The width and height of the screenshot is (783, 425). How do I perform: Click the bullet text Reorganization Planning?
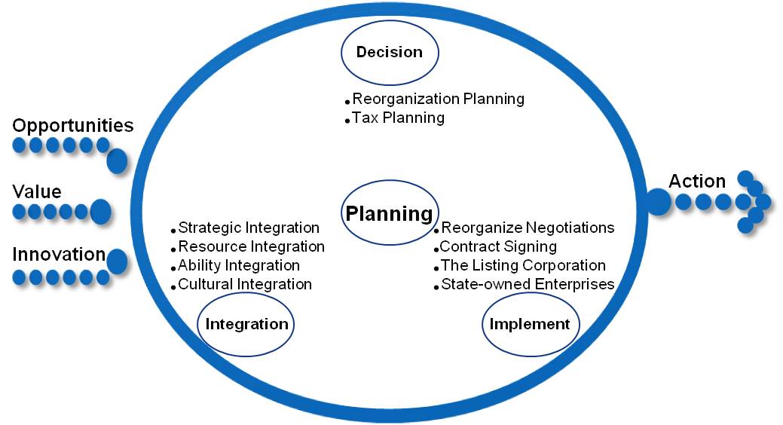pyautogui.click(x=438, y=99)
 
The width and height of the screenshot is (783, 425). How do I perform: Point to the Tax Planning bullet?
pyautogui.click(x=398, y=118)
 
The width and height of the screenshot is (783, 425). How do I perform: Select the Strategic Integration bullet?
pyautogui.click(x=249, y=228)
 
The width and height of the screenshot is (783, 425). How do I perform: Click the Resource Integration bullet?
pyautogui.click(x=251, y=246)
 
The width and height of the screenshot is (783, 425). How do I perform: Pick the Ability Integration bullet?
pyautogui.click(x=239, y=266)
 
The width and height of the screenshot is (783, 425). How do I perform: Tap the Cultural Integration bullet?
pyautogui.click(x=245, y=284)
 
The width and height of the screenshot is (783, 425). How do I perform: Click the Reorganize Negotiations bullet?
pyautogui.click(x=528, y=228)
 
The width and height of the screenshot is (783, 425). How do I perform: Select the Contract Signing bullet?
pyautogui.click(x=498, y=246)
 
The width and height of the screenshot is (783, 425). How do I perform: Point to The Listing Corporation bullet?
pyautogui.click(x=523, y=265)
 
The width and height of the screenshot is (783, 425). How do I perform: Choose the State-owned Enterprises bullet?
pyautogui.click(x=528, y=284)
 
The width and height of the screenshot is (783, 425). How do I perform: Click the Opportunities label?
pyautogui.click(x=73, y=126)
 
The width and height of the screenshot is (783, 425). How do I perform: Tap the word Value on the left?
pyautogui.click(x=37, y=191)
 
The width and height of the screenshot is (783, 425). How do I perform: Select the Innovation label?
pyautogui.click(x=59, y=254)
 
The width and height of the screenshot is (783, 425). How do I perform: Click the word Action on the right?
pyautogui.click(x=697, y=181)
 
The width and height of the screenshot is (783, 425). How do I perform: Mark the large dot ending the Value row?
pyautogui.click(x=100, y=212)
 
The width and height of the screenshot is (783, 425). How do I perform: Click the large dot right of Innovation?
pyautogui.click(x=118, y=261)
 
